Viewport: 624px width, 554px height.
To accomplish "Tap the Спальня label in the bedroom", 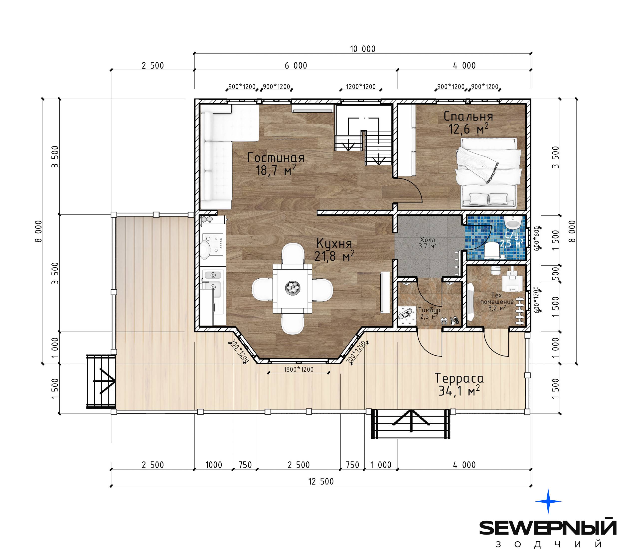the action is pyautogui.click(x=468, y=116).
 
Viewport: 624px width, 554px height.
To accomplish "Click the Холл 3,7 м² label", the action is pyautogui.click(x=427, y=243).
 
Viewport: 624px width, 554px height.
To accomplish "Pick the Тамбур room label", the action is pyautogui.click(x=429, y=310).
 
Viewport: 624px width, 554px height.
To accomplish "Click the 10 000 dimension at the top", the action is pyautogui.click(x=363, y=49).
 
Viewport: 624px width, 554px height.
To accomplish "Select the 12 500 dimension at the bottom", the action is pyautogui.click(x=321, y=481).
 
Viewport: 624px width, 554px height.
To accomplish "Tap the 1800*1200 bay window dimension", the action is pyautogui.click(x=299, y=369).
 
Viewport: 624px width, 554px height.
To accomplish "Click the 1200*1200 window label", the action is pyautogui.click(x=361, y=87).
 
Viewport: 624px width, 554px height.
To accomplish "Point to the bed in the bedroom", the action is pyautogui.click(x=488, y=173).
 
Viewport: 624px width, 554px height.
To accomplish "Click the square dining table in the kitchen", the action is pyautogui.click(x=293, y=288).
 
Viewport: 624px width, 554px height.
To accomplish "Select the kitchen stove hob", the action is pyautogui.click(x=213, y=244).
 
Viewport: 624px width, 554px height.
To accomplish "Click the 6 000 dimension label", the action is pyautogui.click(x=296, y=66).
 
